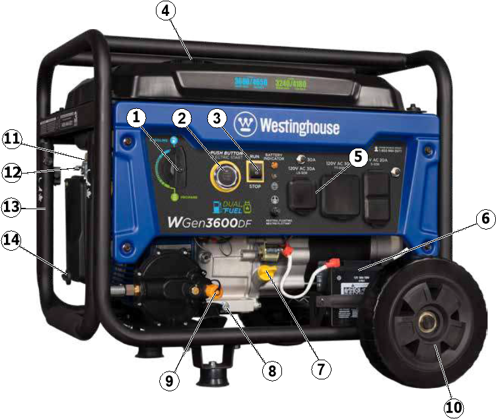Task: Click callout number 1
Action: click(136, 119)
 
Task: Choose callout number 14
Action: click(13, 239)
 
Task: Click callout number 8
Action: click(269, 370)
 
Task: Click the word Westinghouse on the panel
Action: click(299, 127)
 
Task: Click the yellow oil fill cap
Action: click(266, 273)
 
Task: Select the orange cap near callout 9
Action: click(214, 288)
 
